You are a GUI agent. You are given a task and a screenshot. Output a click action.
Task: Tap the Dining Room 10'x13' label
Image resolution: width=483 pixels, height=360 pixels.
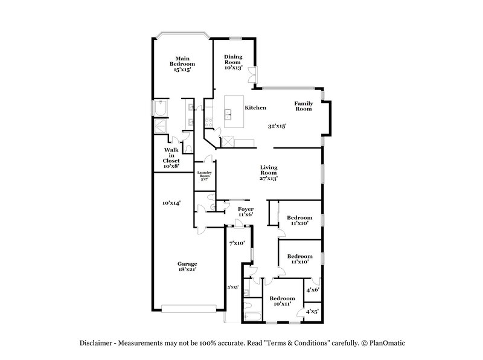(x=234, y=63)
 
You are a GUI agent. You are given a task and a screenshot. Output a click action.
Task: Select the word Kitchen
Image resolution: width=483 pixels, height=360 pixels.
(x=255, y=108)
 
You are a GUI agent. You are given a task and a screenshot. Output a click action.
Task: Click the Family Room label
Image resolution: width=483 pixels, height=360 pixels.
(x=303, y=107)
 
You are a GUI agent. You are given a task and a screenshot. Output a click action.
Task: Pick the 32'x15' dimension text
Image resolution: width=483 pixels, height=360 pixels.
(x=277, y=126)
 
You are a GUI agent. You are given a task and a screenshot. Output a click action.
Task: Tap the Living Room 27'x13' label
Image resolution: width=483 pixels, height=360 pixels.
(x=269, y=173)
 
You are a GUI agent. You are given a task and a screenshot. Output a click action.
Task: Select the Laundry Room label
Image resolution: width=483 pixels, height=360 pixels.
(x=203, y=176)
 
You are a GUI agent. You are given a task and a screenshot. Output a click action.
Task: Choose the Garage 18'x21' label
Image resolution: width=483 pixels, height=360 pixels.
(x=187, y=268)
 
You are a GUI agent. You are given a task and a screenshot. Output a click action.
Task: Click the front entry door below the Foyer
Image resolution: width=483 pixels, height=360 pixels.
(x=239, y=225)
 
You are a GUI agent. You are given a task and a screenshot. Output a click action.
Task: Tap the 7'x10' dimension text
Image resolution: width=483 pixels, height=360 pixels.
(x=237, y=243)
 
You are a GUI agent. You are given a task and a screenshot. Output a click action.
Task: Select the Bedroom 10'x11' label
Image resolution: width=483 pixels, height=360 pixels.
(x=282, y=301)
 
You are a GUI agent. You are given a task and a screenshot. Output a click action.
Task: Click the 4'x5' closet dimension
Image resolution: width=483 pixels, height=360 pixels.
(x=312, y=312)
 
